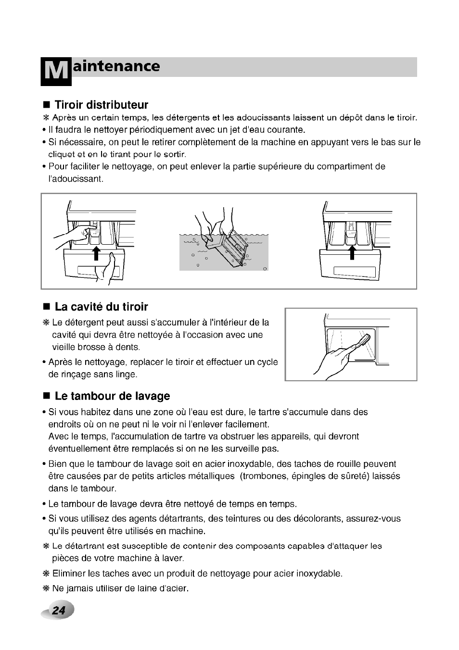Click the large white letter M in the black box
click(x=56, y=72)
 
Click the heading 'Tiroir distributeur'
click(x=101, y=105)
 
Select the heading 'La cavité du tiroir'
click(x=101, y=307)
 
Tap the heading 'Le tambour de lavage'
click(x=112, y=396)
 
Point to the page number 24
click(x=59, y=611)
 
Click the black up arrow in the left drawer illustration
click(x=96, y=252)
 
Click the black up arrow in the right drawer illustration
click(x=352, y=251)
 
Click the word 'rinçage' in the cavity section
click(x=75, y=374)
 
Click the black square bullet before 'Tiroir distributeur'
click(x=47, y=105)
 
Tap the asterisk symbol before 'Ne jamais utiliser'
click(x=46, y=588)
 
